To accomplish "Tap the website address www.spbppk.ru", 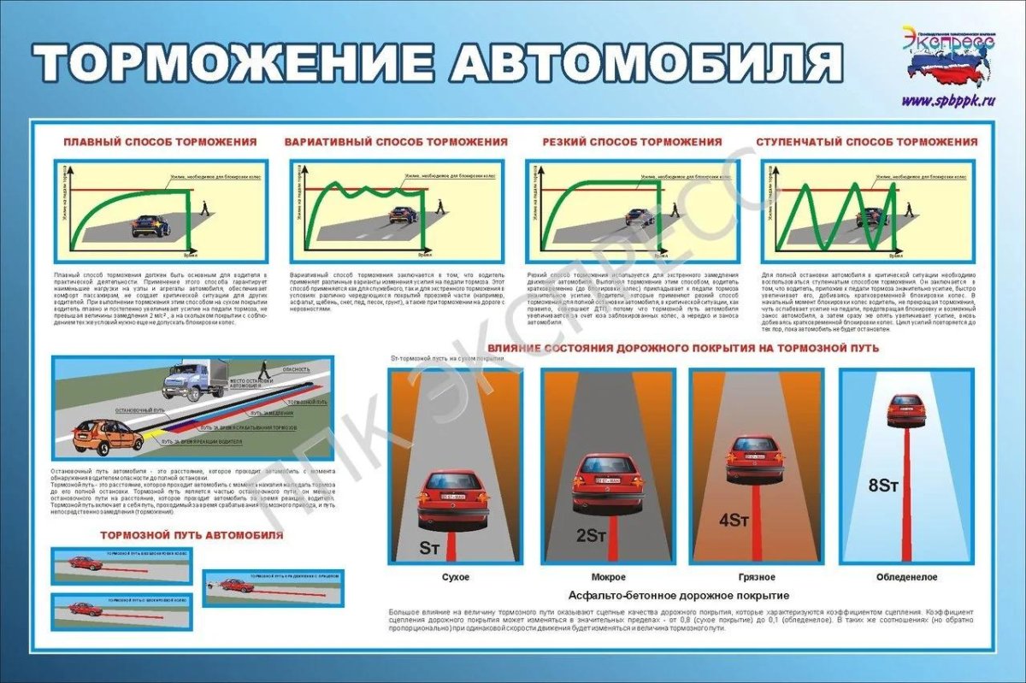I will [x=949, y=100].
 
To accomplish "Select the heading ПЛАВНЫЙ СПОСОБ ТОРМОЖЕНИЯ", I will [x=160, y=142].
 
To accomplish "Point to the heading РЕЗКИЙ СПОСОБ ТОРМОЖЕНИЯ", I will [x=632, y=142].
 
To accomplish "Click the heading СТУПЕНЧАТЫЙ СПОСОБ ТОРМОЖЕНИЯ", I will [x=867, y=142].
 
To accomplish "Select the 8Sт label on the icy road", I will [x=883, y=485].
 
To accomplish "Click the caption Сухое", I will [x=455, y=577].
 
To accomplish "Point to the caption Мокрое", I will [x=608, y=577].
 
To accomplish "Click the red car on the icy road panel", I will [x=905, y=411].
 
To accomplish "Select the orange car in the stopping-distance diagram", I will [x=107, y=435].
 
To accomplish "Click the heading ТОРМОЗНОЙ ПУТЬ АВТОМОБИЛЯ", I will [x=192, y=536].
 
